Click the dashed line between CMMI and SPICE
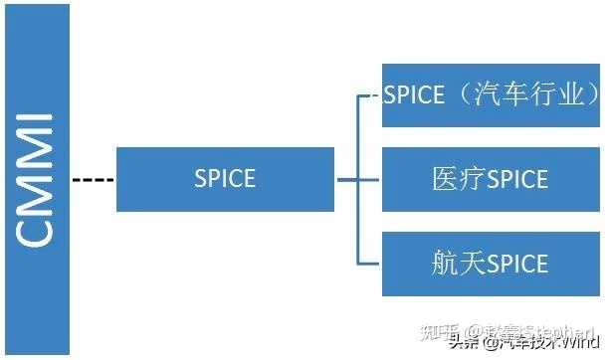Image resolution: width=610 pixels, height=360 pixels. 94,180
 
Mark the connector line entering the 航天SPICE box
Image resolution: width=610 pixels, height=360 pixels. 370,264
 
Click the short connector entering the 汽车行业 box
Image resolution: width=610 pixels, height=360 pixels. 370,95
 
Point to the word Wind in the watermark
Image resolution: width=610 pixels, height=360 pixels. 576,344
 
